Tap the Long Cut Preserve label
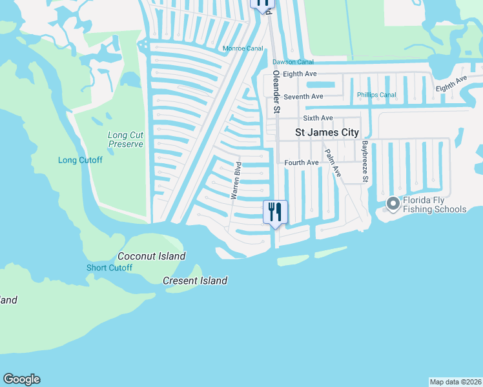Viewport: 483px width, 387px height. pyautogui.click(x=125, y=139)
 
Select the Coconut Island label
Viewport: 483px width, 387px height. pyautogui.click(x=152, y=256)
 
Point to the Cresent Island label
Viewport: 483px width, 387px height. pyautogui.click(x=195, y=281)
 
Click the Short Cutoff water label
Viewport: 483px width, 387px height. pyautogui.click(x=109, y=268)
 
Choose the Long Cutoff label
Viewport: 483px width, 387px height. pyautogui.click(x=80, y=160)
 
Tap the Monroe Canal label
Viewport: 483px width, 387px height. pyautogui.click(x=243, y=48)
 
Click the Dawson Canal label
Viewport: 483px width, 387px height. pyautogui.click(x=293, y=62)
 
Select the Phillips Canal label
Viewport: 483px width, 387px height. pyautogui.click(x=376, y=95)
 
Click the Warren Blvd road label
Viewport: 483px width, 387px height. pyautogui.click(x=236, y=180)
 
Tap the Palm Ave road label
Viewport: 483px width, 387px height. pyautogui.click(x=333, y=163)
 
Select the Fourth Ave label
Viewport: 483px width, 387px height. pyautogui.click(x=302, y=163)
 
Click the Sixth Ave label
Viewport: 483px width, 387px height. pyautogui.click(x=318, y=118)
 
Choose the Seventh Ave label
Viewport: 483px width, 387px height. pyautogui.click(x=303, y=97)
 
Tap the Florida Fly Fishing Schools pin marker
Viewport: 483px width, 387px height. pyautogui.click(x=392, y=204)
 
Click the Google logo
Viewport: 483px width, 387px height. pyautogui.click(x=21, y=379)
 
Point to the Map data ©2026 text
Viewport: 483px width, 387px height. pyautogui.click(x=455, y=381)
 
